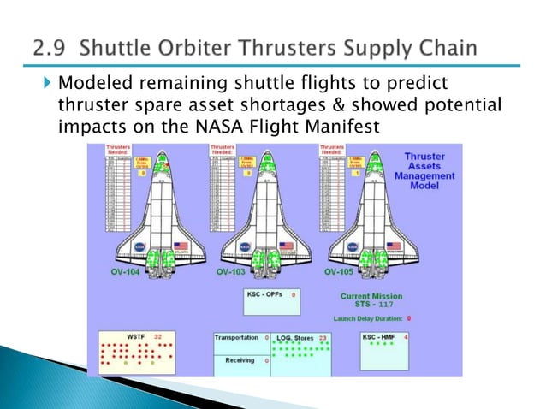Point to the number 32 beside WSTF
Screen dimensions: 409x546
pos(157,337)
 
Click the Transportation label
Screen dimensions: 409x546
pos(236,338)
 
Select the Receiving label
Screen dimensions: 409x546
pos(240,360)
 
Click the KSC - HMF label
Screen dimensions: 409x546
pos(381,337)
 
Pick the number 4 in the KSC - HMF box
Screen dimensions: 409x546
pos(405,337)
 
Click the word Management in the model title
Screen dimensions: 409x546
pos(425,175)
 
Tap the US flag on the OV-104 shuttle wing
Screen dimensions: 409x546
pos(181,246)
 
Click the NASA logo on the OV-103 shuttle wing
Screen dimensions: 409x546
pos(245,246)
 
